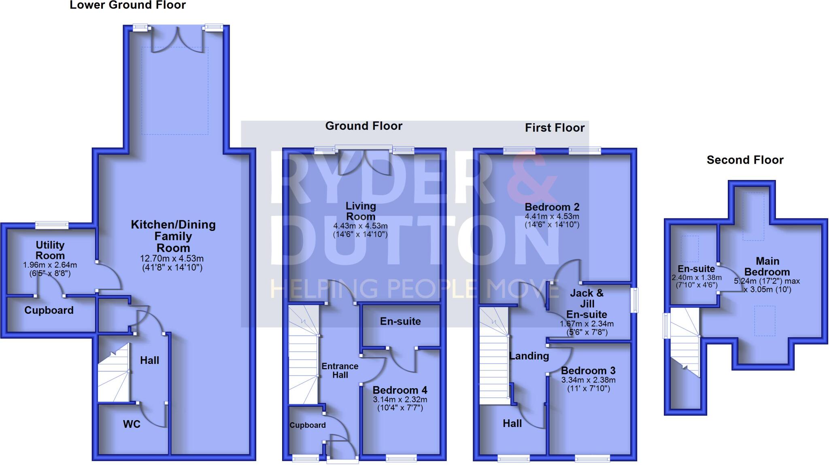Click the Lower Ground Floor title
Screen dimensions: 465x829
(x=128, y=5)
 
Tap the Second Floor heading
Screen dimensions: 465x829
(x=745, y=160)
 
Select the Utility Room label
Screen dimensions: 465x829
(x=50, y=250)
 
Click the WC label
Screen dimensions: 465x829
(x=132, y=424)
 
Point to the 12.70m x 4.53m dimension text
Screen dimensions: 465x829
(x=172, y=259)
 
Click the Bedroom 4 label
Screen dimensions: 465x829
(x=400, y=390)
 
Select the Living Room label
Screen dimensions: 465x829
(x=360, y=211)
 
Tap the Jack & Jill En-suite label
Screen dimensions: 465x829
(x=587, y=304)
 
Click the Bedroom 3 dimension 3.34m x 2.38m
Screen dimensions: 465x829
(x=588, y=380)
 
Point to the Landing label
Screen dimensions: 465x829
(x=529, y=356)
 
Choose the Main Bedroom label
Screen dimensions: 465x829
(x=767, y=266)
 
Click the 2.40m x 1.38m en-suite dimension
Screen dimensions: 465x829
(x=696, y=278)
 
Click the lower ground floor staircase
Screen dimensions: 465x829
(x=114, y=374)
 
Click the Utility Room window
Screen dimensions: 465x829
(x=52, y=225)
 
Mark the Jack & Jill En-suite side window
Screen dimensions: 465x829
(x=635, y=300)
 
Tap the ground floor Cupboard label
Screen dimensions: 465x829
(x=307, y=425)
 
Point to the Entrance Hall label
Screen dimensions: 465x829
(x=340, y=370)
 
